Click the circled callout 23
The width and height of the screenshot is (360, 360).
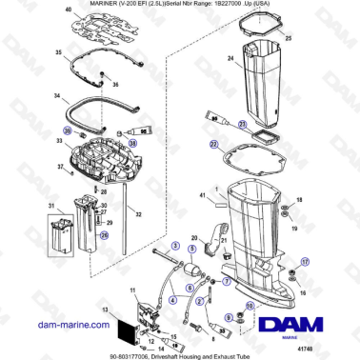point(242,124)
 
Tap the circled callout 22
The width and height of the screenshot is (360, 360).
point(213,145)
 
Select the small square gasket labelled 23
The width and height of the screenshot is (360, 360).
point(257,139)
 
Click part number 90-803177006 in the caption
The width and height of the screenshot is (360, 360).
point(92,353)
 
